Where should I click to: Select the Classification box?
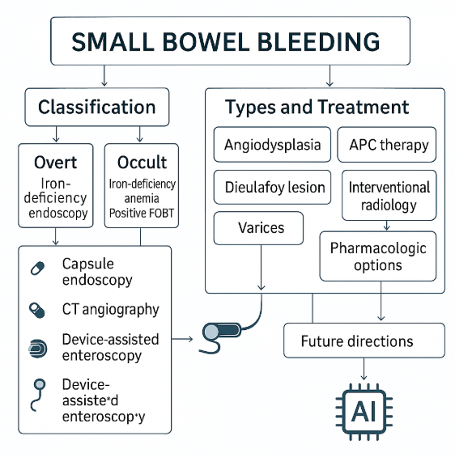click(97, 107)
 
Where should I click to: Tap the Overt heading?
click(55, 163)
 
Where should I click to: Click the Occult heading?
click(142, 163)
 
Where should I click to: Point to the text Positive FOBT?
click(142, 213)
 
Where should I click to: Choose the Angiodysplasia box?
click(272, 145)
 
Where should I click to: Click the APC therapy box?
click(387, 145)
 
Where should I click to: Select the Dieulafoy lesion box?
click(272, 187)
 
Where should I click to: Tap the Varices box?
click(258, 228)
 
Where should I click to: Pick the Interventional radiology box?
click(389, 195)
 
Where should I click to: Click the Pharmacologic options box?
click(378, 256)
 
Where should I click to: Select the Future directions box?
click(364, 341)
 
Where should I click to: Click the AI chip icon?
click(364, 412)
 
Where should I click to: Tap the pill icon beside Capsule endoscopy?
click(37, 269)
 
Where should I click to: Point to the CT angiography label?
click(111, 310)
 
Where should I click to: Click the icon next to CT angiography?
click(37, 310)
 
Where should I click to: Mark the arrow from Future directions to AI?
click(364, 369)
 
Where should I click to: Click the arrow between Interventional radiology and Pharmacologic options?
click(387, 226)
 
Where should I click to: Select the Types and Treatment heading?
click(317, 107)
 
